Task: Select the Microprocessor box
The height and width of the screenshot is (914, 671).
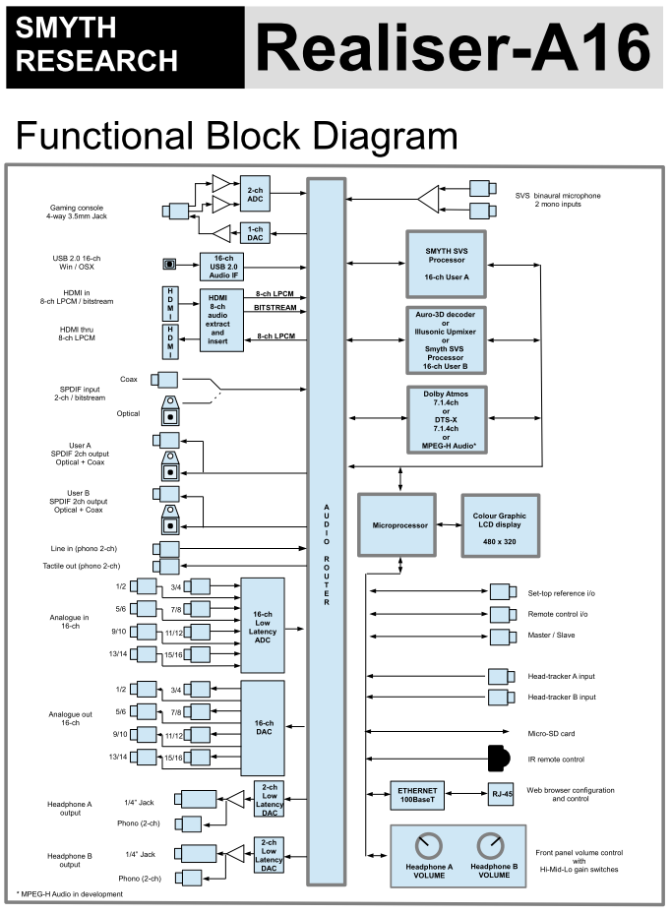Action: point(399,525)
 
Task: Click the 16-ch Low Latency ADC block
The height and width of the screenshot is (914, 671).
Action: point(262,625)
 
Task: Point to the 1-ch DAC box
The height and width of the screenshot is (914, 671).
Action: point(256,233)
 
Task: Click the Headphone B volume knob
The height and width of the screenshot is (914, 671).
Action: point(489,845)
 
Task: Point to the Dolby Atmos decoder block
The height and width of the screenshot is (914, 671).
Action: point(448,418)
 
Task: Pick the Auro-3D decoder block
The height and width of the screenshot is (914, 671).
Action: point(448,339)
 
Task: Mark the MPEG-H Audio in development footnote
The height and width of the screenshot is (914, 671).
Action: point(70,893)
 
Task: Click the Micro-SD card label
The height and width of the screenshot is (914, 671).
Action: point(551,733)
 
